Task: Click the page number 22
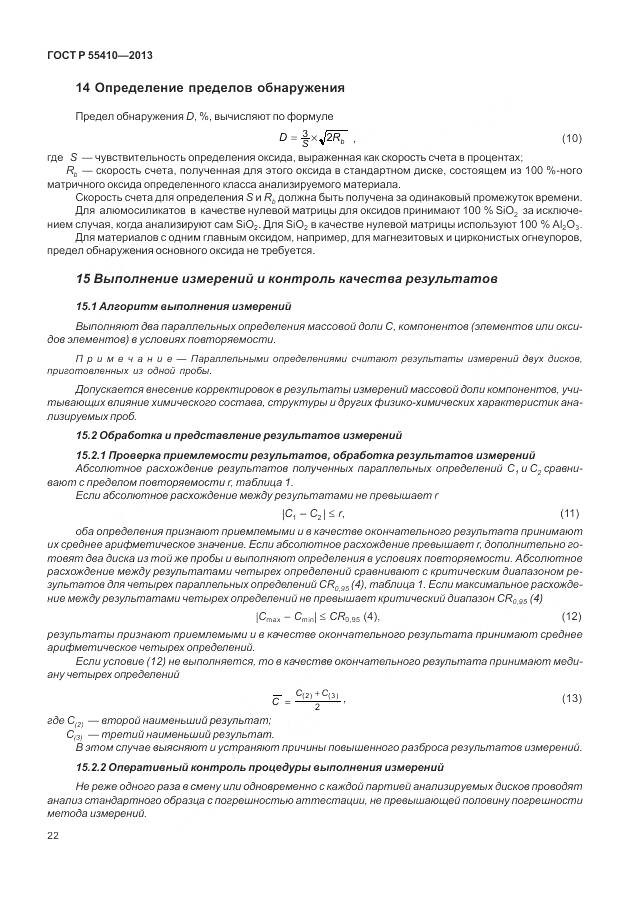54,834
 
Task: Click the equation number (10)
571,137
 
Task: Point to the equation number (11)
571,513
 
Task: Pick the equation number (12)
571,615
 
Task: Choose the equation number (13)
571,696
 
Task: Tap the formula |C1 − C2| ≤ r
313,513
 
